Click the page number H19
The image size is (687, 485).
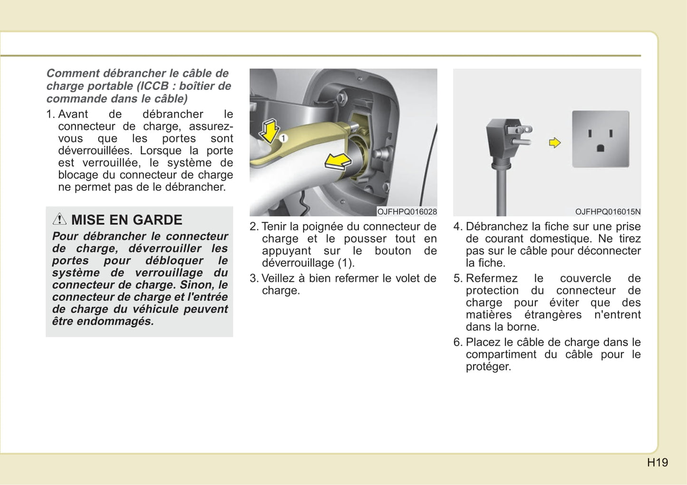coord(658,462)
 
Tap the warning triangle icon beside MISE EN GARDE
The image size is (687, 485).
coord(59,219)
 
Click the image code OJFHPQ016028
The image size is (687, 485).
coord(406,212)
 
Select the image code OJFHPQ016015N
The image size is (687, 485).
coord(608,212)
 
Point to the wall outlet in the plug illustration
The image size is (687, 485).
coord(600,139)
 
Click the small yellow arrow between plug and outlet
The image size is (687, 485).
coord(555,143)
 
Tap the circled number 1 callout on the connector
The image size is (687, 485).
coord(283,138)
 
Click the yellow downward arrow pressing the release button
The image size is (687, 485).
coord(269,131)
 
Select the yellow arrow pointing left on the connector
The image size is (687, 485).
coord(338,161)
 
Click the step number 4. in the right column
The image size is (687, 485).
coord(457,227)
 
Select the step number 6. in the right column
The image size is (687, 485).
coord(457,342)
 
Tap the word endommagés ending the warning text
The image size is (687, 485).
coord(115,321)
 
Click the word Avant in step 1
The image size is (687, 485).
coord(73,114)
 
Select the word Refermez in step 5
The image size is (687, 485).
coord(492,278)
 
